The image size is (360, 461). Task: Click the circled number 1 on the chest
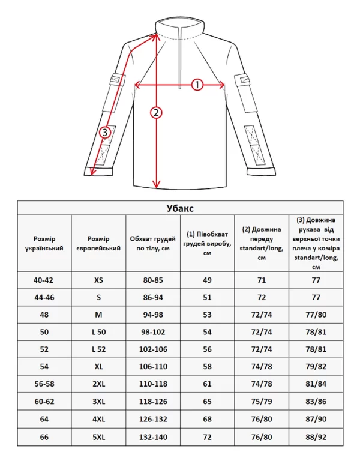point(197,85)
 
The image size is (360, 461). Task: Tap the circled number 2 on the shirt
point(157,112)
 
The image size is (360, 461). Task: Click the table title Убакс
point(180,208)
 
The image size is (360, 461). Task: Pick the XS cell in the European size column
point(99,280)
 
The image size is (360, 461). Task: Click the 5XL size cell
point(99,438)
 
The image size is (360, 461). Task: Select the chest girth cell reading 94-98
point(153,314)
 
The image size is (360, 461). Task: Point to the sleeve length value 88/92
point(316,438)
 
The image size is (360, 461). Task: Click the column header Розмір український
point(44,243)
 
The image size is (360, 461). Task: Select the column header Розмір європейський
point(99,243)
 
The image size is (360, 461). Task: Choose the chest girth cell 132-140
point(153,438)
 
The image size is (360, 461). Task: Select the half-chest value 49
point(208,280)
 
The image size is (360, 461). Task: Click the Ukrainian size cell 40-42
point(44,280)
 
